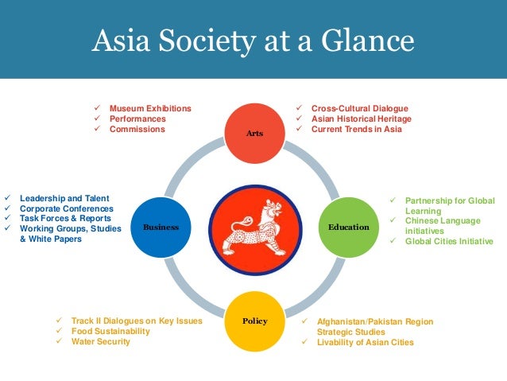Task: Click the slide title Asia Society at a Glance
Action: (x=253, y=40)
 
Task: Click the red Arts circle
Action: (x=254, y=131)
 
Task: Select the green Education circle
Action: (x=348, y=227)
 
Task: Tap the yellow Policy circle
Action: (x=254, y=321)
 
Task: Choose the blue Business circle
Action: (x=161, y=227)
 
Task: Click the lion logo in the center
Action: (x=254, y=227)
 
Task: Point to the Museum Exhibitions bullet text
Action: (x=150, y=108)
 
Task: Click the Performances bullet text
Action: (x=137, y=119)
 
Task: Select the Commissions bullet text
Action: (x=137, y=129)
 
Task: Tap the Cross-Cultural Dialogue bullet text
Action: (x=359, y=108)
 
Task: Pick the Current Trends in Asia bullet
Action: (x=356, y=129)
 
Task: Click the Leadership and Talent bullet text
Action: (x=64, y=198)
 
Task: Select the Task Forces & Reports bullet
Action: (x=66, y=218)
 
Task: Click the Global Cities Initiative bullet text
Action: (x=449, y=241)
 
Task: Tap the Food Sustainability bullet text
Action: (x=110, y=332)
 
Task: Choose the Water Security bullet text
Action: (x=100, y=342)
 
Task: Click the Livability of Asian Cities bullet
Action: (x=365, y=343)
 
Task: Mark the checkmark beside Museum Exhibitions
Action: (x=97, y=108)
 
